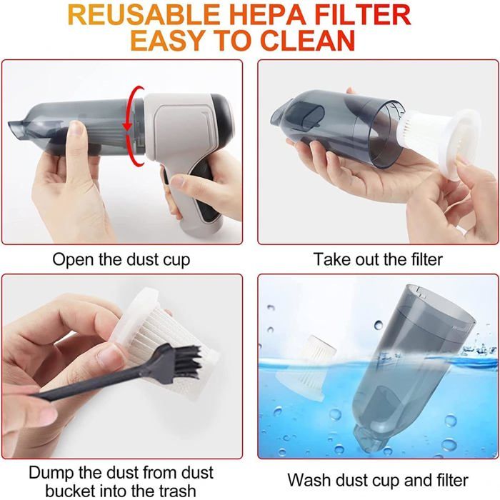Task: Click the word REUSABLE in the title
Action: coord(143,14)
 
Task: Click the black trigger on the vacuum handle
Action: coord(166,179)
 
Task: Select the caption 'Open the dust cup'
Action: coord(121,260)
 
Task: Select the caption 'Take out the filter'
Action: coord(378,259)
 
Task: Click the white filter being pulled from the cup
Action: coord(444,143)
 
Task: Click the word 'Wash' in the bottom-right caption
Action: coord(309,480)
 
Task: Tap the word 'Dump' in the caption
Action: coord(51,473)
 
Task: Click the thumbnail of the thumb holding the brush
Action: coord(111,356)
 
